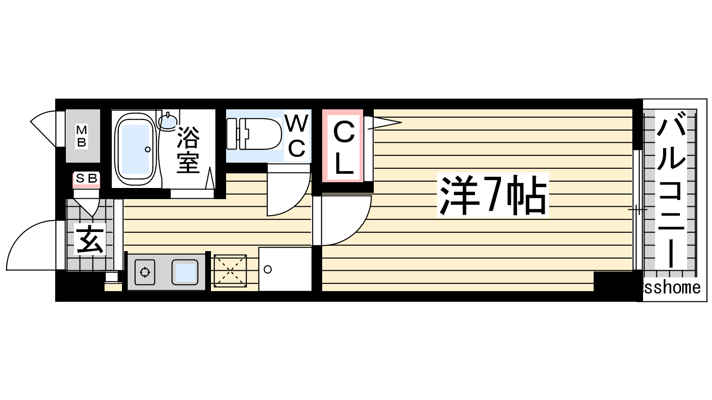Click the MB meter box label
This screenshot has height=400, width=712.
[82, 136]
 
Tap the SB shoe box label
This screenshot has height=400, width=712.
[86, 179]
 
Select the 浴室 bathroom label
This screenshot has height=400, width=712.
[188, 150]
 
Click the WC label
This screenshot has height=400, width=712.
[296, 136]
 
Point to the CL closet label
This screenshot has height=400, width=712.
[344, 149]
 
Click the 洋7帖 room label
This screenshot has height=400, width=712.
[493, 195]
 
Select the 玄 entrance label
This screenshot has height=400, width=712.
[89, 239]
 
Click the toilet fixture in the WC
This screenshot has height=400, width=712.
[254, 134]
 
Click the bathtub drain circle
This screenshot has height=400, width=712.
[147, 149]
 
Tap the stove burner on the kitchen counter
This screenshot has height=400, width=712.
[145, 272]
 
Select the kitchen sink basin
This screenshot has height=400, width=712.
[185, 272]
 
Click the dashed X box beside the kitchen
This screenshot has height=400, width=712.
[230, 271]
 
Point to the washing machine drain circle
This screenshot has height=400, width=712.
[267, 269]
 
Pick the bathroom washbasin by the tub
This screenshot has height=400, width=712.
[167, 121]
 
